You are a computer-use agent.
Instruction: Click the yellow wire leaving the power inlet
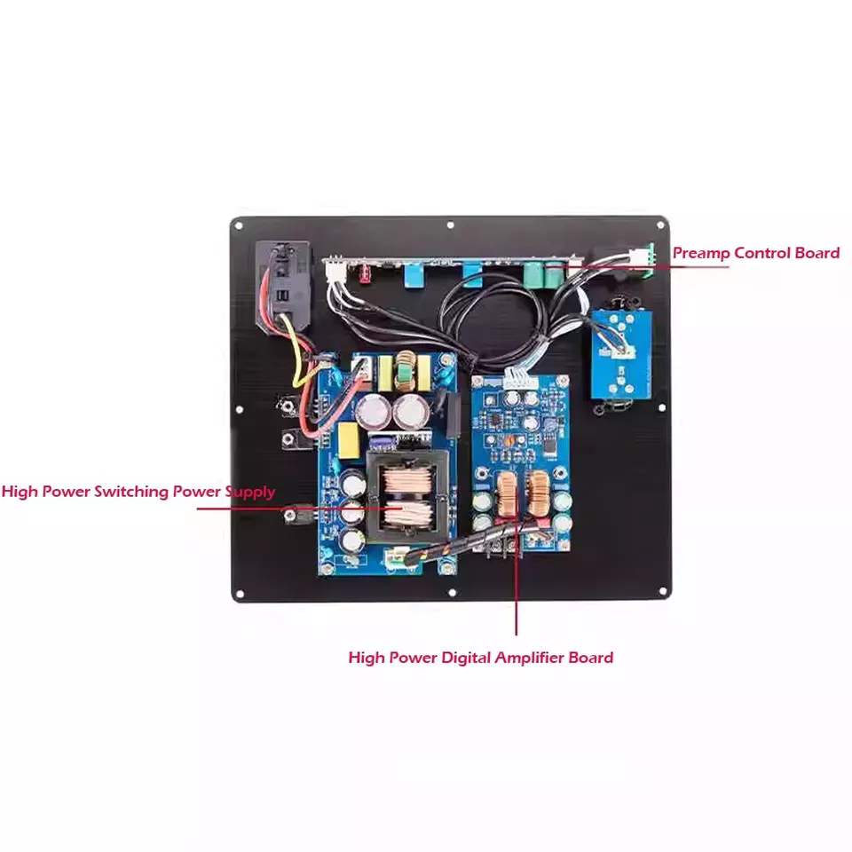coord(298,359)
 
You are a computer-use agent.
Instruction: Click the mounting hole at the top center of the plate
coord(451,225)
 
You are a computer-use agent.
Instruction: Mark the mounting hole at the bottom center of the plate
coord(451,592)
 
